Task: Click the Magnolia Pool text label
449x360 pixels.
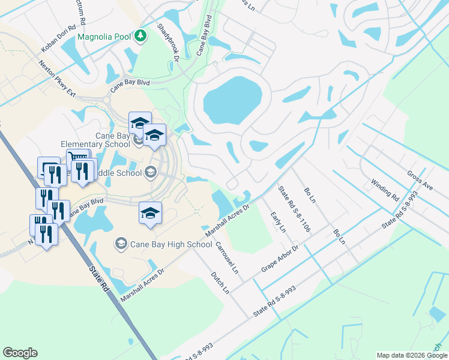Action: [x=104, y=37]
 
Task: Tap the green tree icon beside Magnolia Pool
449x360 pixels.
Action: [x=140, y=36]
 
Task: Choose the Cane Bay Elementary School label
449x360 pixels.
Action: [x=95, y=140]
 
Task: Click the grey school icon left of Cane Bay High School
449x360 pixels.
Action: [x=121, y=243]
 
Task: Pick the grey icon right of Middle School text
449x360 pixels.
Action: [x=150, y=173]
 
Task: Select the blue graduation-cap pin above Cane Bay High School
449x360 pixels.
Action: [x=150, y=213]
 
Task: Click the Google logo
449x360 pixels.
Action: [x=20, y=353]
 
